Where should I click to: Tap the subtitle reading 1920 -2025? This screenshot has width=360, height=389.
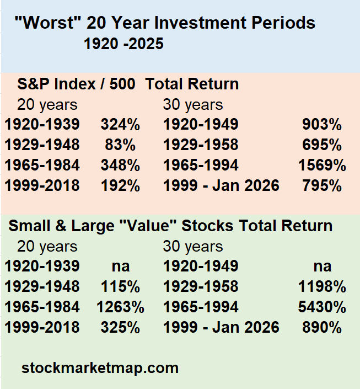(123, 44)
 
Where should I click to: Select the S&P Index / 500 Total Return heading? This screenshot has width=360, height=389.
(128, 84)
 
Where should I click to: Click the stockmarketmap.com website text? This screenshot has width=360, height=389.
(100, 368)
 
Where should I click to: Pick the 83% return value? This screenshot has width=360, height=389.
(120, 145)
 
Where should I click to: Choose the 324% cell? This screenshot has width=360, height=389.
(120, 124)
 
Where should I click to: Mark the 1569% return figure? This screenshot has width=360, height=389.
(322, 165)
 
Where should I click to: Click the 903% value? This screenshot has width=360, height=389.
(322, 124)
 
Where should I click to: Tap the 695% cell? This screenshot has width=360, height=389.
(322, 145)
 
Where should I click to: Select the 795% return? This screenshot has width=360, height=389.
(322, 185)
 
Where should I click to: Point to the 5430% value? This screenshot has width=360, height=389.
(322, 307)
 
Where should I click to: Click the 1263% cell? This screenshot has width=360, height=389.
(120, 307)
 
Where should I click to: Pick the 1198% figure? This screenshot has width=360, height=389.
(322, 286)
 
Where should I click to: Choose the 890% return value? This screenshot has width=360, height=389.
(322, 327)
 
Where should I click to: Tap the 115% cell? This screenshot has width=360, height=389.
(120, 286)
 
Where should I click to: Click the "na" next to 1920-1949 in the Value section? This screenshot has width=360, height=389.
(323, 267)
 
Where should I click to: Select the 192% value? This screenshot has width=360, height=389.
(120, 185)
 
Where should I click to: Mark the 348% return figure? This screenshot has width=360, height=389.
(120, 165)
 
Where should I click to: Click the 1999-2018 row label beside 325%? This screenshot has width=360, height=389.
(42, 327)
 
